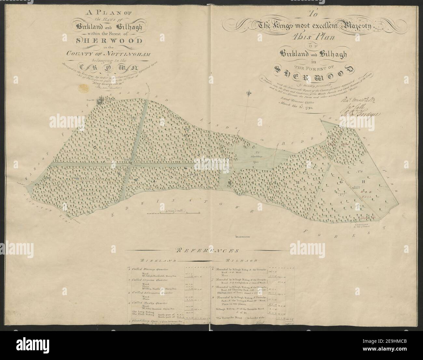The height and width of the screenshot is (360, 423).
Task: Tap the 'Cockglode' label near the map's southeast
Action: coord(362,224)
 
